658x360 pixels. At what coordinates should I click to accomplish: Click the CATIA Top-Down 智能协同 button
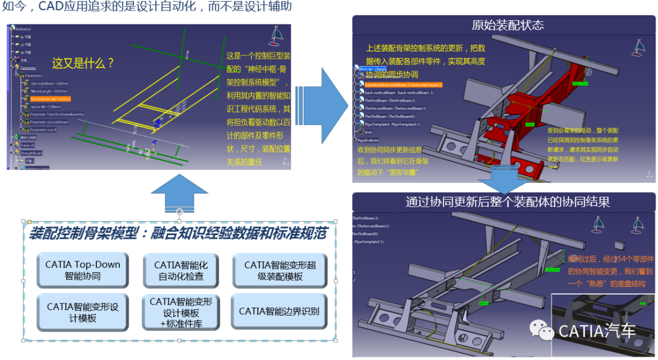(x=82, y=270)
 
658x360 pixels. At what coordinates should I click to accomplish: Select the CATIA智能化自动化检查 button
(x=181, y=270)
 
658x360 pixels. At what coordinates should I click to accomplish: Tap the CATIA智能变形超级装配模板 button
(x=278, y=270)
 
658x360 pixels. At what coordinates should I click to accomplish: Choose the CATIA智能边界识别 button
(x=278, y=311)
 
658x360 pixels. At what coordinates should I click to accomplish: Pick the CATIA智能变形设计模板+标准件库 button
(x=181, y=312)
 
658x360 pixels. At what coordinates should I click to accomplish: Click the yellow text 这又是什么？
(x=83, y=63)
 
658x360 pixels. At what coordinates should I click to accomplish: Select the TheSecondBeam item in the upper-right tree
(x=389, y=108)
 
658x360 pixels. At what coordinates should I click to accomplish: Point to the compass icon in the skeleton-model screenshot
(x=275, y=39)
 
